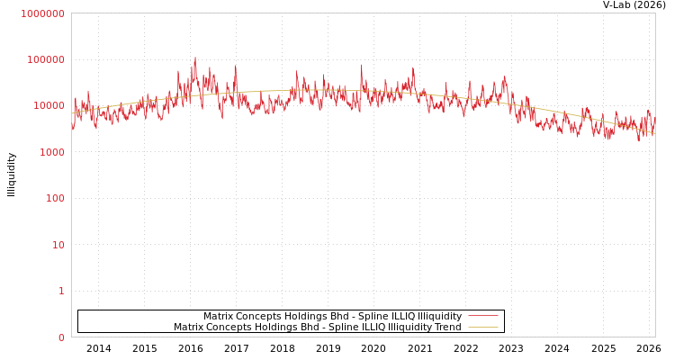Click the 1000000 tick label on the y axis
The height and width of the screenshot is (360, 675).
tap(43, 13)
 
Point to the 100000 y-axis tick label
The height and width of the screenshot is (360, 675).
tap(46, 59)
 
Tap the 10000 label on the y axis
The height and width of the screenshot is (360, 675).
tap(49, 106)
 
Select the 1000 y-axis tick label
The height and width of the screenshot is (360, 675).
tap(51, 152)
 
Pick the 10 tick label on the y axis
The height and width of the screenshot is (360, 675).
tap(58, 245)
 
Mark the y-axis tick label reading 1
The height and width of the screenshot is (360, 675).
tap(61, 291)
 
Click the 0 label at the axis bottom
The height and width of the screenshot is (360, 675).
tap(61, 337)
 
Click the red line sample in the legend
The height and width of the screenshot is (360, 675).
tap(482, 317)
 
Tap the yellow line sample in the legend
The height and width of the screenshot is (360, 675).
tap(482, 328)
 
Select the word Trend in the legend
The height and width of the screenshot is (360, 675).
tap(446, 328)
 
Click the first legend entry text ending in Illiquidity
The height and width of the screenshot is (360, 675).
tap(332, 317)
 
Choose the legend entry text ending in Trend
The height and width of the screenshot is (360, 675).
tap(317, 328)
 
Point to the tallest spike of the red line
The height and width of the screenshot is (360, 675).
tap(195, 58)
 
